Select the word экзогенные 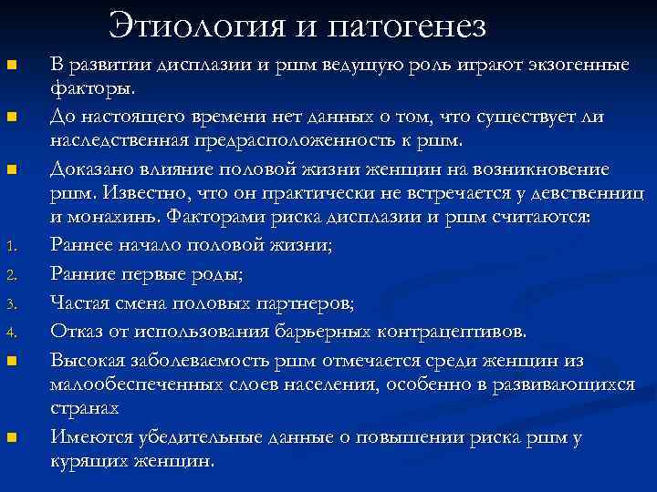point(572,67)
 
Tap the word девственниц point(582,194)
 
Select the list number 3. point(11,305)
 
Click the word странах point(86,409)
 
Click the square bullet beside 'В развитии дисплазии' point(11,67)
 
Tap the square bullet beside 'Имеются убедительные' point(11,438)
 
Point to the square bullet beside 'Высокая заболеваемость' point(11,362)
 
